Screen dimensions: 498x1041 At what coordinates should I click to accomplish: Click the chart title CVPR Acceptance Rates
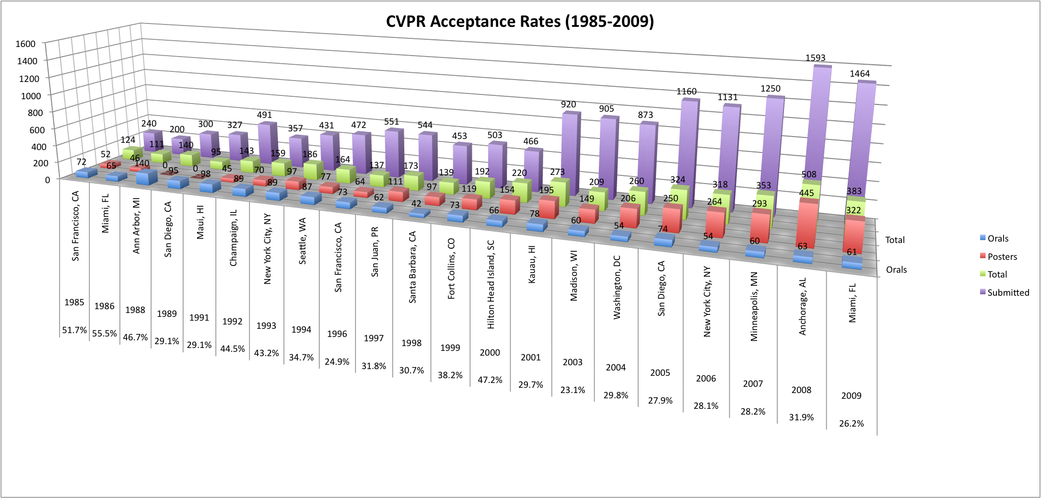pos(520,22)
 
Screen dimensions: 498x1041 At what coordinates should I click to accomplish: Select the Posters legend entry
pos(1002,256)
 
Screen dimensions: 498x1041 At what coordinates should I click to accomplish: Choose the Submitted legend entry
pos(1007,292)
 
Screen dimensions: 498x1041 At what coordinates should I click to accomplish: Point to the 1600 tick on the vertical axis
pos(25,44)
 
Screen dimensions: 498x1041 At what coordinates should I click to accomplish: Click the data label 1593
pos(815,58)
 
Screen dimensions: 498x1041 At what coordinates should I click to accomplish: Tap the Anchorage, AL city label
pos(803,306)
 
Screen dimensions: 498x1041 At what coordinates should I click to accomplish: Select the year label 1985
pos(74,302)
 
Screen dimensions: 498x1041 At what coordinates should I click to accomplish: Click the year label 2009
pos(851,396)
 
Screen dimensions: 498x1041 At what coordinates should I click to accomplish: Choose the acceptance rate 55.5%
pos(105,334)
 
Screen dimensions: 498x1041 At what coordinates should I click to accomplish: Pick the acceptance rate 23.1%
pos(573,390)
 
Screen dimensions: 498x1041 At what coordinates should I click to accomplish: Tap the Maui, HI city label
pos(200,222)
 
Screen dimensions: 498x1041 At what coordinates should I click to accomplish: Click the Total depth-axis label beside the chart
pos(895,240)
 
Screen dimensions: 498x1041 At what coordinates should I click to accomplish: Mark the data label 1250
pos(771,89)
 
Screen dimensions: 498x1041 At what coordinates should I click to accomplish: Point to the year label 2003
pos(573,362)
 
